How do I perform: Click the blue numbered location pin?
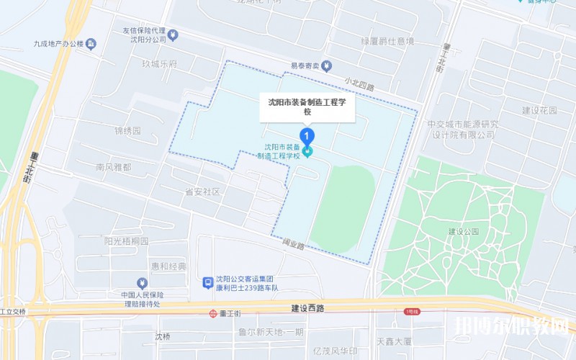click(x=307, y=135)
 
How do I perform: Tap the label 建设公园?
click(x=463, y=232)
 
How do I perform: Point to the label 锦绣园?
click(x=127, y=131)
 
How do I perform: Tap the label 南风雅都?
click(x=114, y=167)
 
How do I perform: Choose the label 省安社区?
click(x=202, y=192)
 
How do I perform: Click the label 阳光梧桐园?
click(x=127, y=241)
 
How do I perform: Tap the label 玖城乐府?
click(x=159, y=65)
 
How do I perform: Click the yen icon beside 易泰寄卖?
click(x=325, y=66)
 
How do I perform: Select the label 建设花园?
click(x=539, y=111)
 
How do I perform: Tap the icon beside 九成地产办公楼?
click(x=91, y=45)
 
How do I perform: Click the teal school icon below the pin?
click(x=307, y=151)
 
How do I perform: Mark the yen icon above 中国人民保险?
click(x=142, y=283)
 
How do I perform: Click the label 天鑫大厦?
click(x=394, y=340)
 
